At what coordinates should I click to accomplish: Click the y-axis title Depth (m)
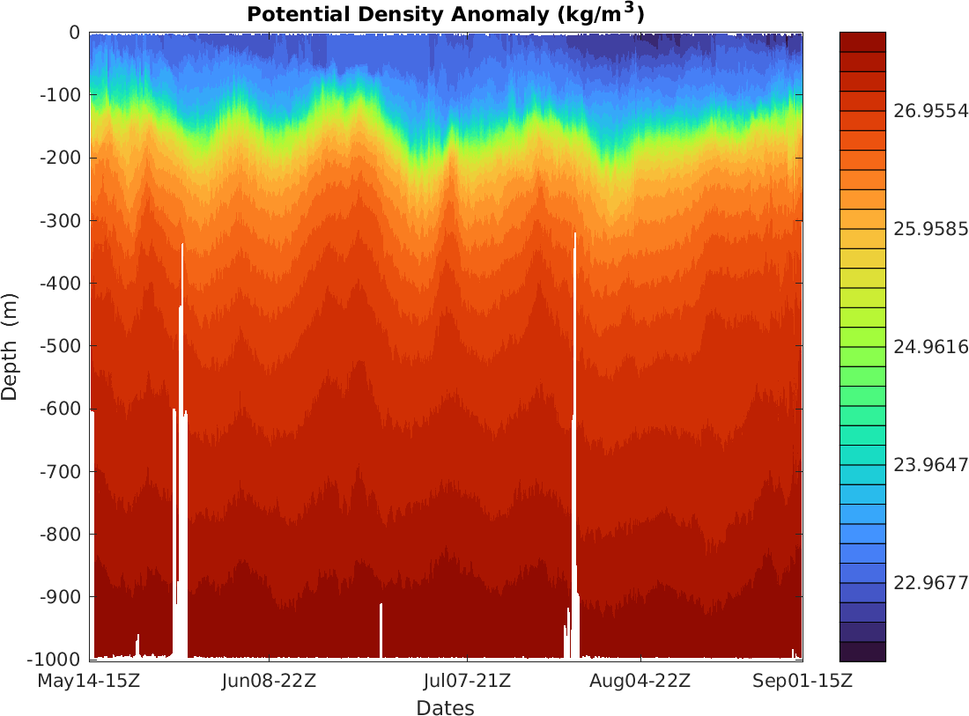tap(11, 346)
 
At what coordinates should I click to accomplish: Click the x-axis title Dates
tap(445, 708)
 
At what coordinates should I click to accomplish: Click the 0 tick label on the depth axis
tap(74, 33)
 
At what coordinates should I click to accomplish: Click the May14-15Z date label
tap(88, 681)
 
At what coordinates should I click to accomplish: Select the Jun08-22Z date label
tap(270, 681)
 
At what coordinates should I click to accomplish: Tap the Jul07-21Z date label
tap(467, 681)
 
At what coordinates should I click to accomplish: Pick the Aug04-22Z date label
tap(640, 681)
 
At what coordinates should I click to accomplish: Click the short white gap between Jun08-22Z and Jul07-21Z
tap(381, 631)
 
